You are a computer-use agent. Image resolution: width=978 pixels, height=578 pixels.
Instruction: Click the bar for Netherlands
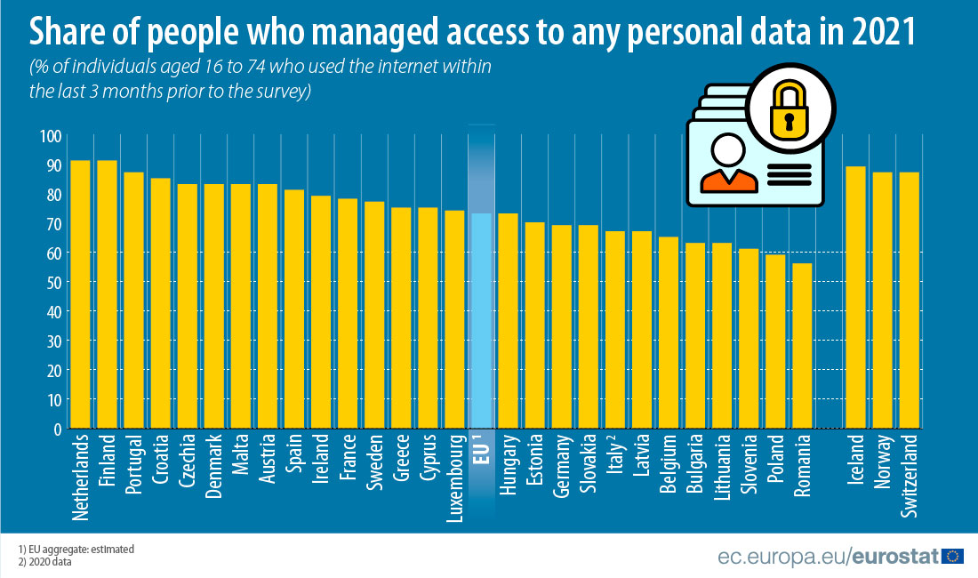pyautogui.click(x=80, y=294)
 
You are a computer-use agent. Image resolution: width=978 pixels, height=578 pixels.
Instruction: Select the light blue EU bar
pyautogui.click(x=481, y=320)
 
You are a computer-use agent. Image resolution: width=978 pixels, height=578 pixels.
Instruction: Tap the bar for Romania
pyautogui.click(x=802, y=346)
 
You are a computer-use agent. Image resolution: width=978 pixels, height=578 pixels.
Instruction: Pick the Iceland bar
pyautogui.click(x=856, y=297)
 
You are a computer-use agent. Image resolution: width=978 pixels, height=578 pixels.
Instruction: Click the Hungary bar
pyautogui.click(x=508, y=321)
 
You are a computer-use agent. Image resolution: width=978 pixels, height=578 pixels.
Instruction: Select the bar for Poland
pyautogui.click(x=775, y=341)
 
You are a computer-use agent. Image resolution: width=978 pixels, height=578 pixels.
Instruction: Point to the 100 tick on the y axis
pyautogui.click(x=50, y=136)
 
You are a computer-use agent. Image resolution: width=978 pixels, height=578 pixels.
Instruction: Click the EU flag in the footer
pyautogui.click(x=953, y=557)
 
